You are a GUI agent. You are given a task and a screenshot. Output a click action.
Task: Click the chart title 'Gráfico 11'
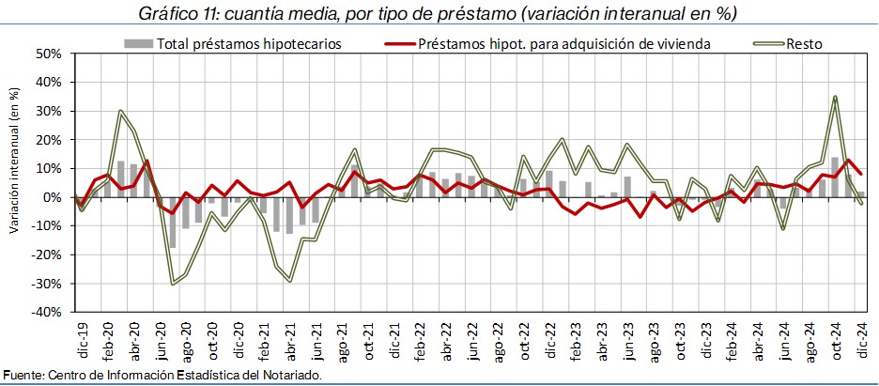pos(178,14)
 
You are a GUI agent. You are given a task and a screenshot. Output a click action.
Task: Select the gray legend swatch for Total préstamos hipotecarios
pos(138,43)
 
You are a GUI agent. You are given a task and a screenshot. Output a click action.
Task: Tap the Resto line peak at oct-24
pos(835,97)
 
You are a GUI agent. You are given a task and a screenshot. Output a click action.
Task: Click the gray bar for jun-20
pos(173,223)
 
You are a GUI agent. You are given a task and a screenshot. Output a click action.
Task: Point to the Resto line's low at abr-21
pos(290,281)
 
